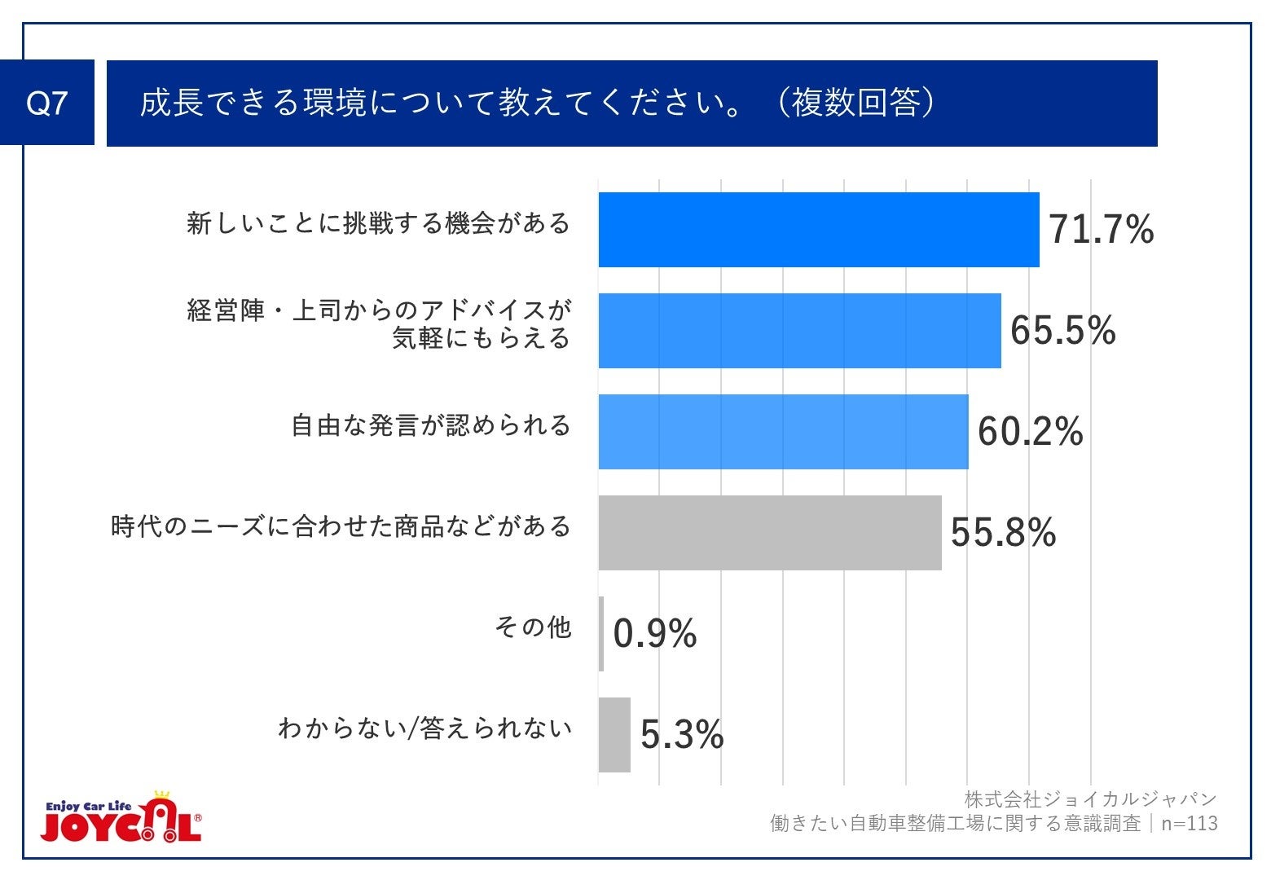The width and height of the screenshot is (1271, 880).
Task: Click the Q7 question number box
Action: (47, 103)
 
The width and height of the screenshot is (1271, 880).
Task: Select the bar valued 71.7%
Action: (818, 230)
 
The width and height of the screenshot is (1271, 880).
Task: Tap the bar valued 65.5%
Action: (799, 331)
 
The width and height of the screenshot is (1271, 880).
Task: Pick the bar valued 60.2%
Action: (783, 432)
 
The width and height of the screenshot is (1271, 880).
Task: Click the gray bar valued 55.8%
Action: (770, 533)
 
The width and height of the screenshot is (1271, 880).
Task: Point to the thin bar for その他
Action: (601, 634)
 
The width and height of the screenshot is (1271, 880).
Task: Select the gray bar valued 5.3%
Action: (614, 735)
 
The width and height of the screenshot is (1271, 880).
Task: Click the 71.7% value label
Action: (1101, 230)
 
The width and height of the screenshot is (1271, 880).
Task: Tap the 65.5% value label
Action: (1062, 331)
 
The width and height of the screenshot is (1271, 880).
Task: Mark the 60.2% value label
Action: (1030, 432)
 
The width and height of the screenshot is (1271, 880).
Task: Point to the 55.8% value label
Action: (1003, 533)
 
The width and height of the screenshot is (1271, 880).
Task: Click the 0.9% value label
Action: (654, 634)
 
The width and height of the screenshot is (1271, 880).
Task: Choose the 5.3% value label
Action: (682, 735)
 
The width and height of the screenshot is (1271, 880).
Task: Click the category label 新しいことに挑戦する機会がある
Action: (379, 223)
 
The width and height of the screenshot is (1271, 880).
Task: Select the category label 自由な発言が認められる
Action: (431, 425)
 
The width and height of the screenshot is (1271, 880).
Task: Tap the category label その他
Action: (533, 627)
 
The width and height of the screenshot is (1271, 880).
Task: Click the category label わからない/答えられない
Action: (424, 728)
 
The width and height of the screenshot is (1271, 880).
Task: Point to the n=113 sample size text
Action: (1190, 824)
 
